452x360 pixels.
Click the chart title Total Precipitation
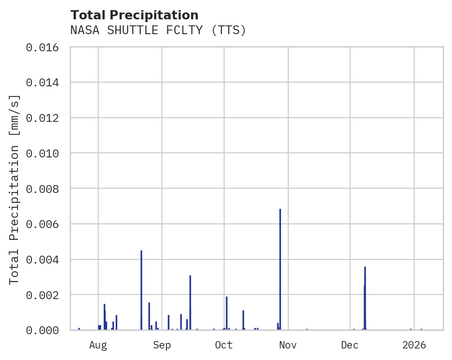click(x=134, y=15)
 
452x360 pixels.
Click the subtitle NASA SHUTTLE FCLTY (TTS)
click(x=158, y=30)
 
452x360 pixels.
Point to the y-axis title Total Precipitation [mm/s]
click(x=14, y=189)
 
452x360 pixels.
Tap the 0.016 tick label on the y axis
click(x=45, y=47)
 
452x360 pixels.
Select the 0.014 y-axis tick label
click(x=45, y=83)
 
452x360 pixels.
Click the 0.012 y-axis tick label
click(x=45, y=118)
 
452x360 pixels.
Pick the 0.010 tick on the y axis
click(x=45, y=153)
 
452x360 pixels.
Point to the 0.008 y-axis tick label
click(x=45, y=189)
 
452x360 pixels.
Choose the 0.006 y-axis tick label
click(x=45, y=224)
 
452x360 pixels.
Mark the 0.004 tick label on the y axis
click(x=45, y=259)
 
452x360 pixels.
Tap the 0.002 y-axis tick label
click(x=45, y=294)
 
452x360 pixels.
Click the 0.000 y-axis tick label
click(x=45, y=330)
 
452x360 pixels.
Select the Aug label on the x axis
click(x=98, y=345)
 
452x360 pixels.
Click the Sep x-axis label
click(x=162, y=345)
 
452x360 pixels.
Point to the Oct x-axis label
click(x=224, y=345)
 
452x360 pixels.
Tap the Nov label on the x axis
click(x=288, y=345)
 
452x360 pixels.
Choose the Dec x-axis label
click(x=350, y=345)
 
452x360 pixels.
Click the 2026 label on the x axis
click(x=414, y=345)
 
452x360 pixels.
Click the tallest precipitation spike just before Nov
click(x=280, y=268)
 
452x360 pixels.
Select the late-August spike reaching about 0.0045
click(x=141, y=288)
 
